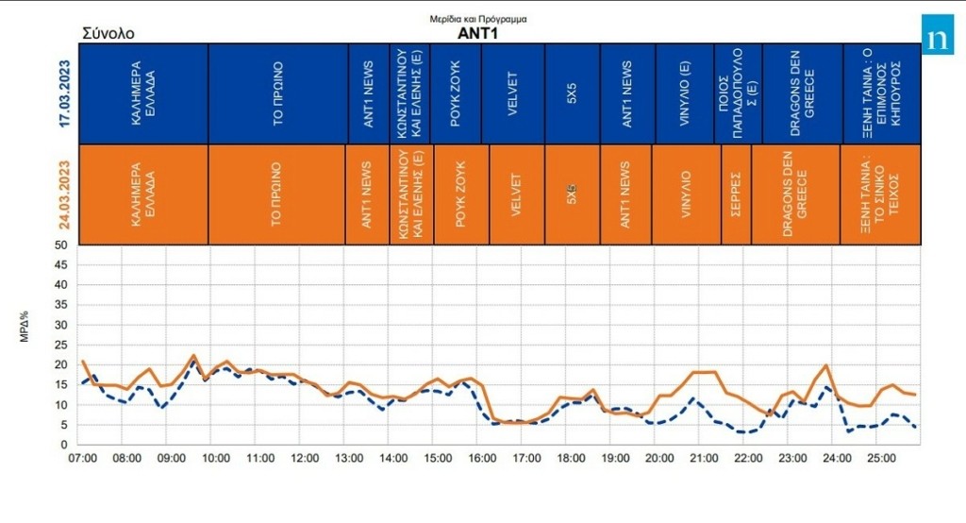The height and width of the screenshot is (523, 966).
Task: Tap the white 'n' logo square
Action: click(x=938, y=39)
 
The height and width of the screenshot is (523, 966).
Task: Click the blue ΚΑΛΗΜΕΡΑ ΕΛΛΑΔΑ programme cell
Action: click(x=143, y=93)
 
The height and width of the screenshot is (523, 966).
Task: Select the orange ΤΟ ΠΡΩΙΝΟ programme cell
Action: click(x=277, y=194)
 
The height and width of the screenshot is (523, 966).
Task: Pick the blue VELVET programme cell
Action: click(x=513, y=93)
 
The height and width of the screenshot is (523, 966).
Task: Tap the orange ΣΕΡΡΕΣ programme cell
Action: click(x=736, y=194)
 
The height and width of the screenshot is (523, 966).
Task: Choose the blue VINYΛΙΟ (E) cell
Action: click(x=682, y=93)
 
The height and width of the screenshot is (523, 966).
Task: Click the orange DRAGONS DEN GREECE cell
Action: click(x=795, y=194)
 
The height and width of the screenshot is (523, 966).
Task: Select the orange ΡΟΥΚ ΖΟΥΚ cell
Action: click(x=460, y=194)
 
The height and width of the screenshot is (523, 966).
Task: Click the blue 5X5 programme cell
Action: click(x=572, y=93)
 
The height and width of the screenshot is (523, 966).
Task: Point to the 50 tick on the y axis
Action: click(x=60, y=245)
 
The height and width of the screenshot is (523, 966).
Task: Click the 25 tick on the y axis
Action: click(x=60, y=345)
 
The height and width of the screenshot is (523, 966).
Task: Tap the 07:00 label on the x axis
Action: click(x=83, y=458)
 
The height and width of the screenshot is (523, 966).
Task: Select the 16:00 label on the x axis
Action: click(x=482, y=458)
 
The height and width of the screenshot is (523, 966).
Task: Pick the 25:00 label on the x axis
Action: click(x=881, y=458)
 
